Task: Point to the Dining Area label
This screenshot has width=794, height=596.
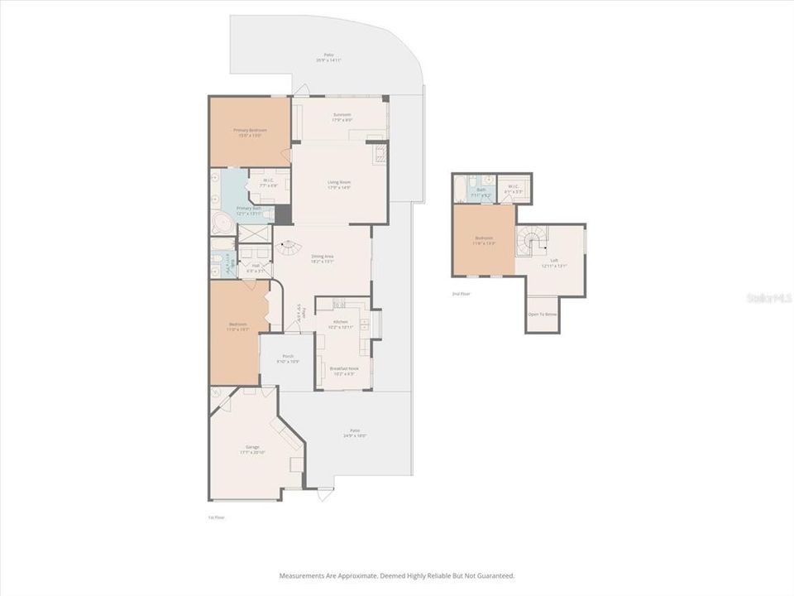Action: coord(323,258)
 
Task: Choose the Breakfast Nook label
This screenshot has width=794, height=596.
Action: coord(343,370)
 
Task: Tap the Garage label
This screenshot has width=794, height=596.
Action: coord(251,448)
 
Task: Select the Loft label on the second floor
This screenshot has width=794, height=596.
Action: coord(553,263)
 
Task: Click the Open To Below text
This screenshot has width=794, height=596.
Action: coord(543,315)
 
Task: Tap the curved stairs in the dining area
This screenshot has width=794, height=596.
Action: coord(289,246)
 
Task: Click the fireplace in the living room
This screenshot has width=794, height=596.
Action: coord(380,155)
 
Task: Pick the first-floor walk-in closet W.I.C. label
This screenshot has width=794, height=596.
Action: coord(269,182)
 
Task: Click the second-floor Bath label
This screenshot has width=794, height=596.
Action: coord(481,192)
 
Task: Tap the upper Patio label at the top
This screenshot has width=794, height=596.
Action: coord(328,59)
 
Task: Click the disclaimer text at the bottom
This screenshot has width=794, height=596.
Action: coord(397,575)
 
